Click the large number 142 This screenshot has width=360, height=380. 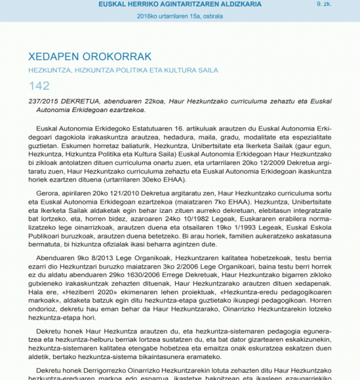pos(39,86)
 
